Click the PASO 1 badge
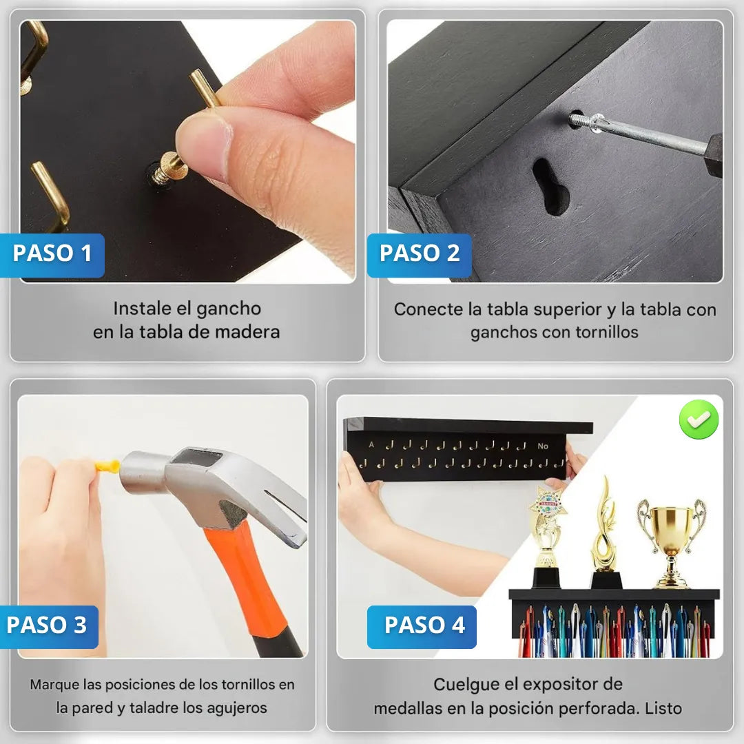click(52, 255)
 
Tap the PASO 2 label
click(420, 255)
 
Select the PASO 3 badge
click(49, 626)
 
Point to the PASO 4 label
click(422, 626)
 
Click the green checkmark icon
click(699, 419)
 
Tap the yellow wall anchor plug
click(107, 466)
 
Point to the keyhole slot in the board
click(550, 185)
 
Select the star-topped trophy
click(546, 536)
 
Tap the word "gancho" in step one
click(229, 309)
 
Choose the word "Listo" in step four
click(663, 708)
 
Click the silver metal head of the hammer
click(199, 484)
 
